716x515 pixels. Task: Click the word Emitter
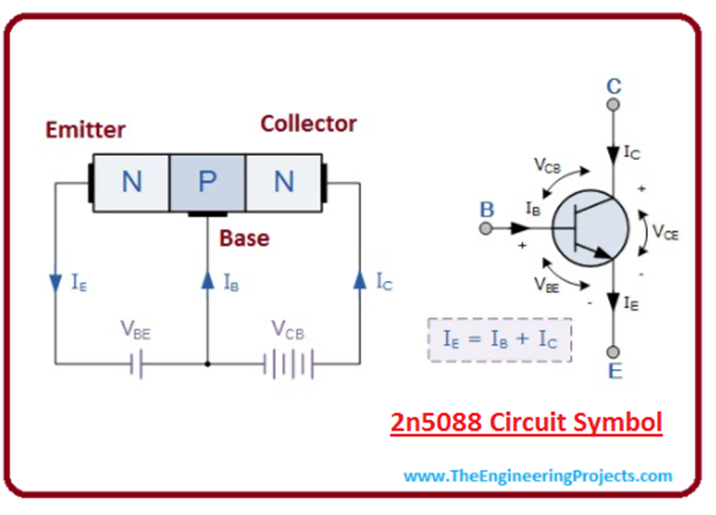(x=85, y=129)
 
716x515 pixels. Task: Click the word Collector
(x=308, y=124)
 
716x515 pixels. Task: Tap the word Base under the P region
(x=244, y=238)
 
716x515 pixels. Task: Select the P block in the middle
(x=207, y=183)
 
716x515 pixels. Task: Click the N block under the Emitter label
(x=131, y=183)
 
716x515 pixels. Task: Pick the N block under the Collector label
(x=283, y=183)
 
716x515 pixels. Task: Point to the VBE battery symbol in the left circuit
(x=137, y=364)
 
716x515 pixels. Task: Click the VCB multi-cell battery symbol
(x=288, y=364)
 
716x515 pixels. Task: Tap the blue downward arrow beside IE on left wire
(x=56, y=282)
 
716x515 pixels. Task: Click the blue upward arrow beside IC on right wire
(x=359, y=281)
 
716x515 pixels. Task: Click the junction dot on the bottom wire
(x=207, y=364)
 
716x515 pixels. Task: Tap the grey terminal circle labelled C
(x=613, y=105)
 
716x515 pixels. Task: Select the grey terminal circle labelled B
(x=485, y=228)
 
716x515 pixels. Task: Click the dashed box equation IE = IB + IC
(x=499, y=340)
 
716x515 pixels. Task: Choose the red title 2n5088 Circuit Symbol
(x=525, y=423)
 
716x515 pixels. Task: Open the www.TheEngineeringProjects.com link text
(x=538, y=477)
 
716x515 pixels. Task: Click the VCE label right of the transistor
(x=665, y=232)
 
